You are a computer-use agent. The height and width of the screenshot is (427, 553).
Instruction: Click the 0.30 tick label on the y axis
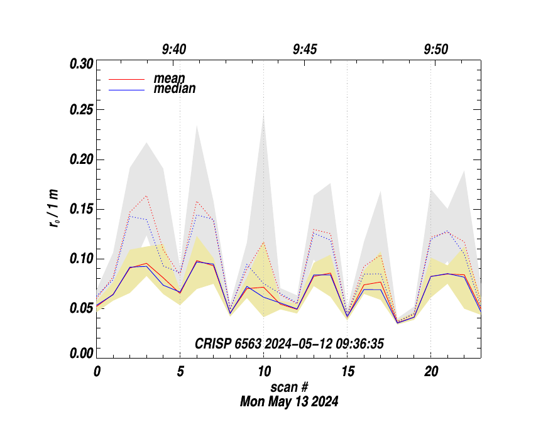point(81,64)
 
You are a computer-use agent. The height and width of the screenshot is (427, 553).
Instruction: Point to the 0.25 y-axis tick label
point(81,110)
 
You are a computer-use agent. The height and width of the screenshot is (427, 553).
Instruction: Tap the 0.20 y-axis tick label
point(81,159)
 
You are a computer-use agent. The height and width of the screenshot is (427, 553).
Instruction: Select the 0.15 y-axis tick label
point(81,209)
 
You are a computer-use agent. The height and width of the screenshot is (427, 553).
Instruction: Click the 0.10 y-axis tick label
point(81,259)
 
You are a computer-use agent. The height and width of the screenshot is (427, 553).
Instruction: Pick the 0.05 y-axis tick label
point(81,308)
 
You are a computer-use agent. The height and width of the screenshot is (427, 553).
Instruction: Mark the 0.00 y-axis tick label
point(81,354)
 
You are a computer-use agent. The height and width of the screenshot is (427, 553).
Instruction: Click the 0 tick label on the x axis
point(97,372)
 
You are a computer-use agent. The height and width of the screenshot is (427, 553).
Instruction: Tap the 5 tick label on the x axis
point(180,372)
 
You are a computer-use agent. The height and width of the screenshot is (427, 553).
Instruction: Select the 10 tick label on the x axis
point(264,372)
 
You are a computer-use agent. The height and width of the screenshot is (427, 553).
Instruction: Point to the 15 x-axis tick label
point(347,372)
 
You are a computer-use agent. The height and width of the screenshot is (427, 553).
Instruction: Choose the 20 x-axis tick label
point(430,372)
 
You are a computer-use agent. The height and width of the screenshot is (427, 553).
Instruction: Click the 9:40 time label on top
point(174,50)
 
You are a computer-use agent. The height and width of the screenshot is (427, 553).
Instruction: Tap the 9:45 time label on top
point(305,50)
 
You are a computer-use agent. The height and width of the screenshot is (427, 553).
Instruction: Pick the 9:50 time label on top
point(436,50)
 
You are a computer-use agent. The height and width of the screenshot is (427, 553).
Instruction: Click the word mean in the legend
point(169,79)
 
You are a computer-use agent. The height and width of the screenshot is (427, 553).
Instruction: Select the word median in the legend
point(174,89)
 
